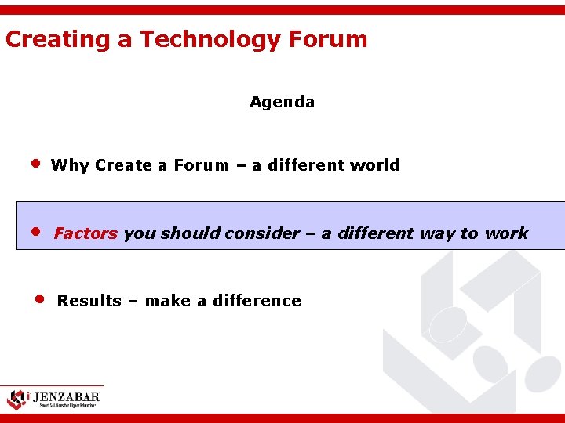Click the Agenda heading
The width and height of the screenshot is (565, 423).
pyautogui.click(x=282, y=102)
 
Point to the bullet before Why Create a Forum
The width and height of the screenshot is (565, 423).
pyautogui.click(x=35, y=164)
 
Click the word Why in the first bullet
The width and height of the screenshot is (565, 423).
pyautogui.click(x=70, y=165)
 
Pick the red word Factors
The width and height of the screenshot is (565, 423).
pyautogui.click(x=86, y=233)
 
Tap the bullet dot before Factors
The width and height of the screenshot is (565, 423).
pyautogui.click(x=35, y=233)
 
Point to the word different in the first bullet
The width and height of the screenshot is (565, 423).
pyautogui.click(x=307, y=165)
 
